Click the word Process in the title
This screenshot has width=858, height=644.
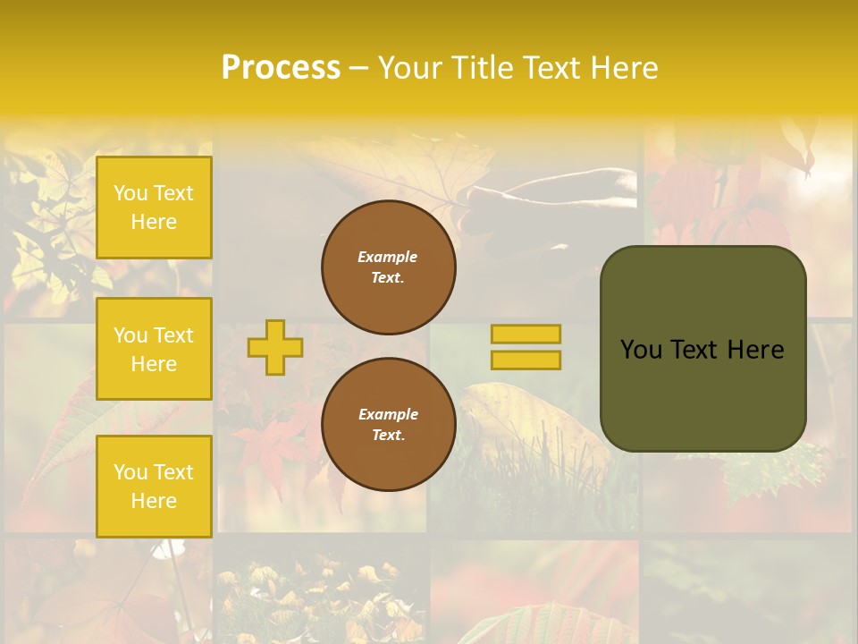[281, 68]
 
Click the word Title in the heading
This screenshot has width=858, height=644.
[479, 68]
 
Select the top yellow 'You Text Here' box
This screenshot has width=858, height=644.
[154, 208]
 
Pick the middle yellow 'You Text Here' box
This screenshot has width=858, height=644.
[154, 349]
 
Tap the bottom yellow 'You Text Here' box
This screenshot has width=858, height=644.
[154, 486]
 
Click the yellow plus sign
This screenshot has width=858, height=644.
[275, 347]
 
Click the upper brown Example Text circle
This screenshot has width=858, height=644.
[388, 267]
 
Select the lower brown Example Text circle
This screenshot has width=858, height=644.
[388, 425]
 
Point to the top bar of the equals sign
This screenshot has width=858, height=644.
[526, 335]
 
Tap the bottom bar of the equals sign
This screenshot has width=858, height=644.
[526, 360]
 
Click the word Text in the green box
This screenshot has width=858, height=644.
[695, 350]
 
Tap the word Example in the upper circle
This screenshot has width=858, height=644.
[387, 257]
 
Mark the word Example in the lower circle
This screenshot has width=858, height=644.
[388, 414]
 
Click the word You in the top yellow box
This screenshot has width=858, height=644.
[130, 193]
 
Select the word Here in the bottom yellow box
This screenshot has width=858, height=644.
[154, 501]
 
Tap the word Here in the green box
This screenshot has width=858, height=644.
[755, 350]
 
